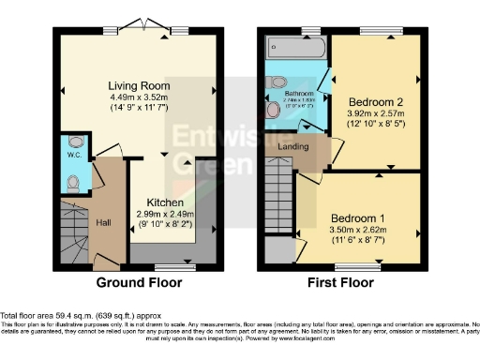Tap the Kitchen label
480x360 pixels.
(163, 202)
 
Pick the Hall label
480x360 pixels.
(104, 222)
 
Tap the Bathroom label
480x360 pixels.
(298, 95)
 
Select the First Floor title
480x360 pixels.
(342, 281)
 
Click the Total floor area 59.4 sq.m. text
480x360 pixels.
(61, 315)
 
